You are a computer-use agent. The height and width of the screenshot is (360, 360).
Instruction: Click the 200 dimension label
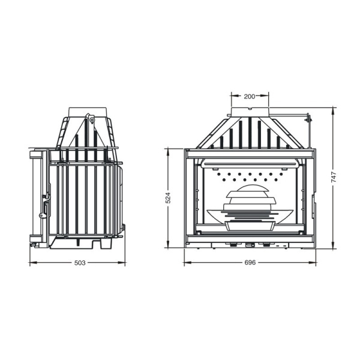coord(250,97)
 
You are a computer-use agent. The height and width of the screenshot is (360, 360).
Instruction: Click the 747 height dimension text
coord(334,177)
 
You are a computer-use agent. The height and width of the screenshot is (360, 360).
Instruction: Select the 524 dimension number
coord(168,197)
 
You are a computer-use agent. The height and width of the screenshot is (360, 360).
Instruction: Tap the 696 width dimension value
coord(250,262)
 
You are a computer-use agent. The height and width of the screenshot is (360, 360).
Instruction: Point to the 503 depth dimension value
coord(80,263)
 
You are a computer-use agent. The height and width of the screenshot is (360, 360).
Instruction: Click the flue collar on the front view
coord(250,112)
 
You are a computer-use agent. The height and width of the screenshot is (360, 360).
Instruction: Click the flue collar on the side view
coord(88,112)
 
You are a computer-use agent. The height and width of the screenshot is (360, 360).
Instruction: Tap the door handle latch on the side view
coord(46,206)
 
